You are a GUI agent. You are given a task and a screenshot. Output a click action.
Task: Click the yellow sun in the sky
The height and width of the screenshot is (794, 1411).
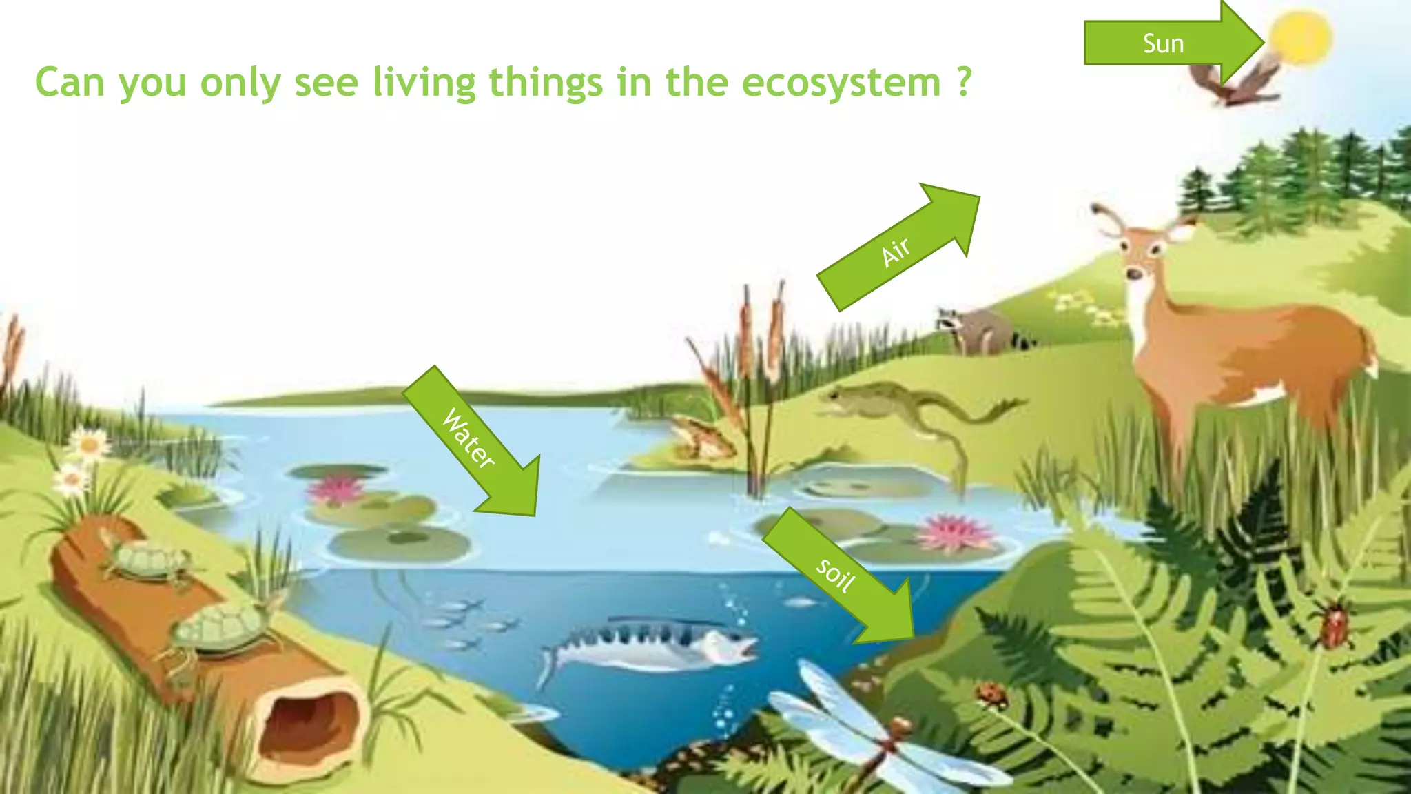(1300, 38)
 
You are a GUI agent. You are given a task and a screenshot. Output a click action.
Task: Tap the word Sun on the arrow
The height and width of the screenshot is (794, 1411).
(1163, 43)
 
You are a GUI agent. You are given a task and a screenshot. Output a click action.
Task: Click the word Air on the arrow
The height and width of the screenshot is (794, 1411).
(896, 251)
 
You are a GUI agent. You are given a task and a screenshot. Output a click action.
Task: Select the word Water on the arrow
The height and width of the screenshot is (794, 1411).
(468, 438)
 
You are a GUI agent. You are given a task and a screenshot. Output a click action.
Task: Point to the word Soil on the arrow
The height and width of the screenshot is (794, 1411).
(835, 575)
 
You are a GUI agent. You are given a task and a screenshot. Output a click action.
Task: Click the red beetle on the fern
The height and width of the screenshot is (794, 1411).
(1334, 624)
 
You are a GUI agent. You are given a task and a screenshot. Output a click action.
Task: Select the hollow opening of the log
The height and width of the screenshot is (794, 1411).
(310, 724)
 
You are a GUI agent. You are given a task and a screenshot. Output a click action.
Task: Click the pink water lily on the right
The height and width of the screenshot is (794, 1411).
(954, 533)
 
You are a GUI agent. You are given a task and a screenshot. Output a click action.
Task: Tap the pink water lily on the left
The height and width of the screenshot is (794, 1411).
(336, 489)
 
